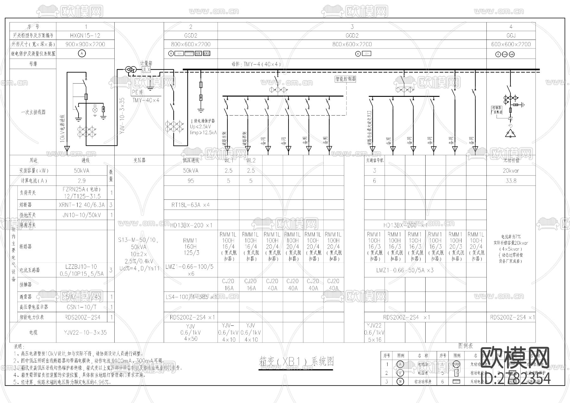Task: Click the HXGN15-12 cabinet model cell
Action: [85, 35]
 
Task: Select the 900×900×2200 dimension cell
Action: [85, 44]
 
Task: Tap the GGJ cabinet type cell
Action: [511, 35]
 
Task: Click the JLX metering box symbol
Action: [146, 70]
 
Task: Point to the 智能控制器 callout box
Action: [345, 79]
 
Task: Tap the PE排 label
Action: [137, 92]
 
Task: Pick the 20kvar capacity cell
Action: [511, 171]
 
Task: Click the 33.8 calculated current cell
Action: [511, 181]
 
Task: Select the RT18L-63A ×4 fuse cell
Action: [191, 205]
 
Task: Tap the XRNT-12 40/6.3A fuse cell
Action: [82, 205]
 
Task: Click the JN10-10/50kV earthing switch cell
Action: [82, 215]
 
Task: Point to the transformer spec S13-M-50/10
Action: [139, 240]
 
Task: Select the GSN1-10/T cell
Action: [82, 307]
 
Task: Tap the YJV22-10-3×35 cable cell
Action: [85, 332]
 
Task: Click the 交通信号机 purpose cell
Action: [375, 161]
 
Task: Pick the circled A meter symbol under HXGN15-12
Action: [82, 54]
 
